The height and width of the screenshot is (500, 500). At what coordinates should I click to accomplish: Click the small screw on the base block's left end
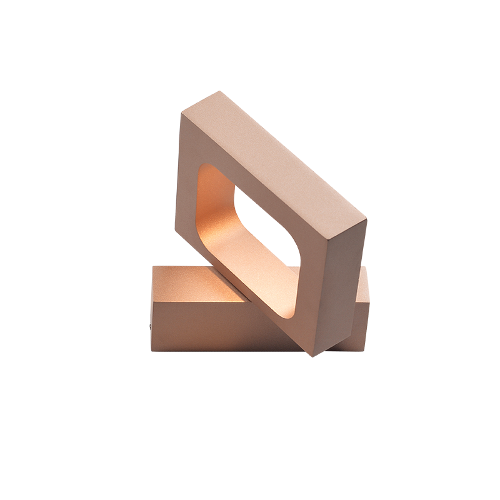(149, 325)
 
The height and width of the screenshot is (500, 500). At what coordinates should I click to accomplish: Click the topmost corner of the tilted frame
(218, 92)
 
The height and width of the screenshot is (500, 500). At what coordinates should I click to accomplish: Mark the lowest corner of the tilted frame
(312, 356)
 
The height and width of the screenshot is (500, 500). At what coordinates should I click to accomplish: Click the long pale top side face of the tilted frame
(281, 156)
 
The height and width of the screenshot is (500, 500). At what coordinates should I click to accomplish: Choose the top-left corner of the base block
(152, 267)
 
